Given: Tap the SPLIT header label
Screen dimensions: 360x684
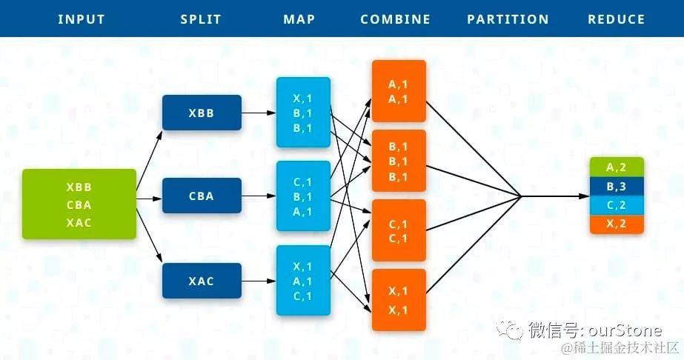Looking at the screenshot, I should click(x=201, y=19).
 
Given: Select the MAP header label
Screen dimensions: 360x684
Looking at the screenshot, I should click(x=299, y=19).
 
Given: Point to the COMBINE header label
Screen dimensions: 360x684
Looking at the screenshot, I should click(x=395, y=19).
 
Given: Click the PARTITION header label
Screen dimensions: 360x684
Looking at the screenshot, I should click(x=508, y=19).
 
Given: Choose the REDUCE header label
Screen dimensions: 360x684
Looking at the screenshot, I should click(x=616, y=19).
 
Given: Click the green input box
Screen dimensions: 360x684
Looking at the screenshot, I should click(x=79, y=204).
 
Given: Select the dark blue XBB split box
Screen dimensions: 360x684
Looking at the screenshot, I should click(x=202, y=113).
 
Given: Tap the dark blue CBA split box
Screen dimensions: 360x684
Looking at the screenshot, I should click(x=202, y=196).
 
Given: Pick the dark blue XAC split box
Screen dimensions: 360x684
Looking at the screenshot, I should click(x=202, y=281).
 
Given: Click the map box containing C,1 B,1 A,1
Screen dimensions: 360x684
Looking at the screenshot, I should click(x=303, y=196).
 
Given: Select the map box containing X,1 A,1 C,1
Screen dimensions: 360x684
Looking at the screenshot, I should click(x=303, y=281).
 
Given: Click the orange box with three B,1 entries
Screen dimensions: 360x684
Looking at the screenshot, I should click(x=399, y=161).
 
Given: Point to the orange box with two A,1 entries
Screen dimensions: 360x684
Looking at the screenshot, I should click(x=399, y=91).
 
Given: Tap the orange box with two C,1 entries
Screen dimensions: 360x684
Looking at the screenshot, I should click(x=399, y=230).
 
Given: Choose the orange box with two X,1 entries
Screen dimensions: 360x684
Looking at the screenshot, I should click(x=399, y=299).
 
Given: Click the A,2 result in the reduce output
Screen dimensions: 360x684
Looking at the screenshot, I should click(x=617, y=167).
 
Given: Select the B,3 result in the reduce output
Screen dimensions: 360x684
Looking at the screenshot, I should click(x=617, y=186).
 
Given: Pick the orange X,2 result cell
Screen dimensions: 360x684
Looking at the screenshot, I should click(x=617, y=224).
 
